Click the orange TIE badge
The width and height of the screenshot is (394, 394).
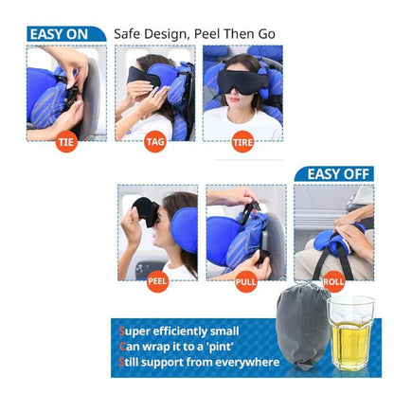[x=66, y=142]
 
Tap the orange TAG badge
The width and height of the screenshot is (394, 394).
[x=155, y=142]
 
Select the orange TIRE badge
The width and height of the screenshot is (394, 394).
[x=242, y=142]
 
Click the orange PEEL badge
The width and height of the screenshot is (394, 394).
[x=157, y=281]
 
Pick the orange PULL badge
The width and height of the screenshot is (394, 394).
[x=246, y=281]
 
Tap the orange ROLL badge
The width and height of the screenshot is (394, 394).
[x=333, y=281]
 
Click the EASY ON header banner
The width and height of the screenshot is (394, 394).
[x=66, y=34]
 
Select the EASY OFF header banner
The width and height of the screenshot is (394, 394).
[x=334, y=174]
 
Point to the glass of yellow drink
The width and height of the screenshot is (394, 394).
[x=350, y=333]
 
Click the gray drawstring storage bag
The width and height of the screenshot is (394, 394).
[x=303, y=326]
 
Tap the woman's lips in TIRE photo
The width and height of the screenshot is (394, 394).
[x=235, y=99]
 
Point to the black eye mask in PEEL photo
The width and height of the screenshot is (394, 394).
[x=146, y=211]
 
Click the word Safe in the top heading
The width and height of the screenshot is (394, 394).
[x=127, y=34]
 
